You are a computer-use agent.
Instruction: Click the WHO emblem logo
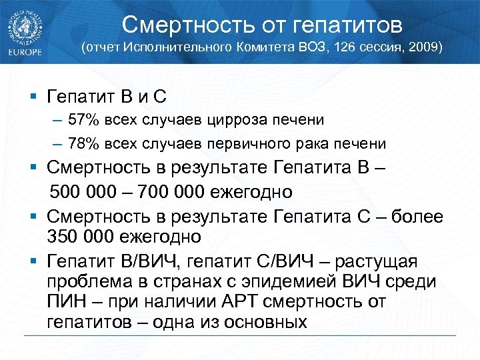pyautogui.click(x=25, y=27)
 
